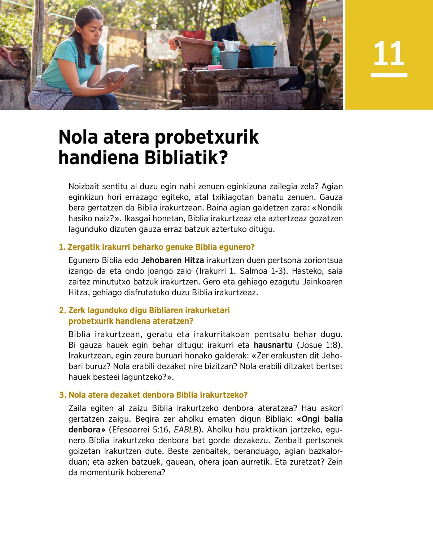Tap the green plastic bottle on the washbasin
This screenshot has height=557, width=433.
pos(215,54)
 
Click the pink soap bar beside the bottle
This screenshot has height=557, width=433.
pos(215,67)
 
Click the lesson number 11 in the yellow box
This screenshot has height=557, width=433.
pos(389,54)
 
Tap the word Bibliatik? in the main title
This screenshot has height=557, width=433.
pos(186,158)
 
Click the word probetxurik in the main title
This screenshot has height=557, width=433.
pos(207,137)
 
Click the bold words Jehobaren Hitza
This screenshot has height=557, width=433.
pos(172,260)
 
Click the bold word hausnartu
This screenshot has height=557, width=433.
pos(273,345)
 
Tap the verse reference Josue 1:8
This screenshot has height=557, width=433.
pos(319,345)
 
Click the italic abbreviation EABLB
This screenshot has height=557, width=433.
pos(186,430)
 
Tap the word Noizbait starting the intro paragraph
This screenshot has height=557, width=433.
pos(84,187)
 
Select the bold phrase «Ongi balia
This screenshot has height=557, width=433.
pos(319,419)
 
